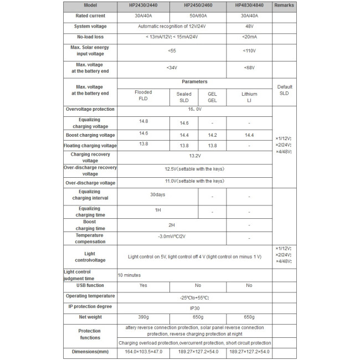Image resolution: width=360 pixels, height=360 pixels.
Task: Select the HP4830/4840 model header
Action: click(249, 6)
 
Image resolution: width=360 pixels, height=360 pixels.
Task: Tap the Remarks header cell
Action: click(284, 6)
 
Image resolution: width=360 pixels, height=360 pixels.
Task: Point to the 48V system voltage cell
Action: click(249, 27)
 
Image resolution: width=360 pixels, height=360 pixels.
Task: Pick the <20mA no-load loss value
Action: click(249, 37)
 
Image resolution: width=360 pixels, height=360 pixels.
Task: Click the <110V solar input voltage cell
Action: click(249, 51)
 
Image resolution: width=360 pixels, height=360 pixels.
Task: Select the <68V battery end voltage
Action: click(249, 68)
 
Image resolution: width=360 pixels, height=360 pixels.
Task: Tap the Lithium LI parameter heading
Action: click(249, 97)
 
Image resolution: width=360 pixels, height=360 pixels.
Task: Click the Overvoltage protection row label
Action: click(90, 110)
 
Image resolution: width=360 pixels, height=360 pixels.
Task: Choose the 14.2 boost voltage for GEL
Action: click(212, 135)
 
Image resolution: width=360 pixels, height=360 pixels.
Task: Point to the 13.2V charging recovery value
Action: click(194, 156)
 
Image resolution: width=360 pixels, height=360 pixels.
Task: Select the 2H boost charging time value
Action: click(172, 225)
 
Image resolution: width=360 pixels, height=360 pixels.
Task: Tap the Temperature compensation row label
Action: click(90, 239)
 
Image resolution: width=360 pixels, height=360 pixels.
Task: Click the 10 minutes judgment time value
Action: click(130, 275)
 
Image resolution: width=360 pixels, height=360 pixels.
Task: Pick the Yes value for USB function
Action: click(143, 286)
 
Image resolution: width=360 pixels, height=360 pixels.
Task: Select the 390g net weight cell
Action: click(143, 317)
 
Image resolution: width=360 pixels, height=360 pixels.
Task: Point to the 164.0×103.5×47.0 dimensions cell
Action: click(143, 352)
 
